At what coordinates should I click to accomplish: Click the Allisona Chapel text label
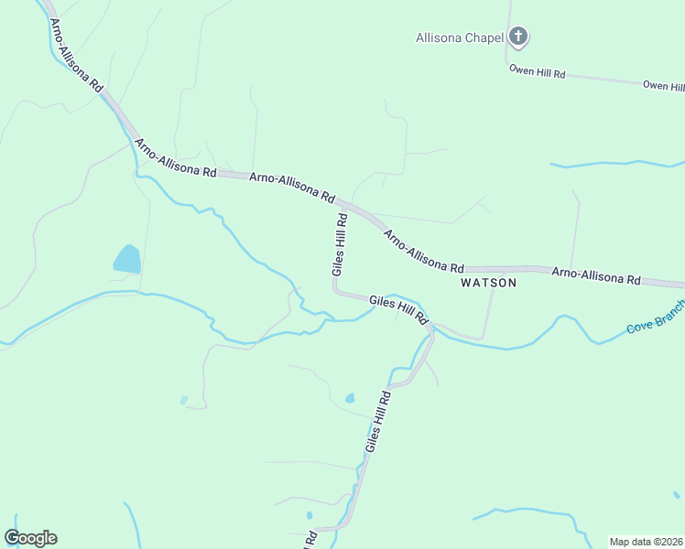[460, 38]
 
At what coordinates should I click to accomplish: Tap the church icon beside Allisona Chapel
[518, 38]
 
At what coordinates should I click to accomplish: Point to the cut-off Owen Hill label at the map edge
[663, 85]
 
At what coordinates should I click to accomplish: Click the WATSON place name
[488, 283]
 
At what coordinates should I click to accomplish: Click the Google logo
[30, 538]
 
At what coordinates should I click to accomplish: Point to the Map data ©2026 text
[647, 542]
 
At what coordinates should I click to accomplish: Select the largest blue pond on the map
[127, 259]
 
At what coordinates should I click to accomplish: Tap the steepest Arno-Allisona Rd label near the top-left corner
[76, 55]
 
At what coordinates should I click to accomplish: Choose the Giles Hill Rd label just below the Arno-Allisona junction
[340, 244]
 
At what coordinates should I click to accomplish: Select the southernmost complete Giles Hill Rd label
[378, 422]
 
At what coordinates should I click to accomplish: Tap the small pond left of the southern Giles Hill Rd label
[349, 398]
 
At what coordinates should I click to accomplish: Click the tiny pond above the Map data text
[676, 495]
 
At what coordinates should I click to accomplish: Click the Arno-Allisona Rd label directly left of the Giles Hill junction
[292, 186]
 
